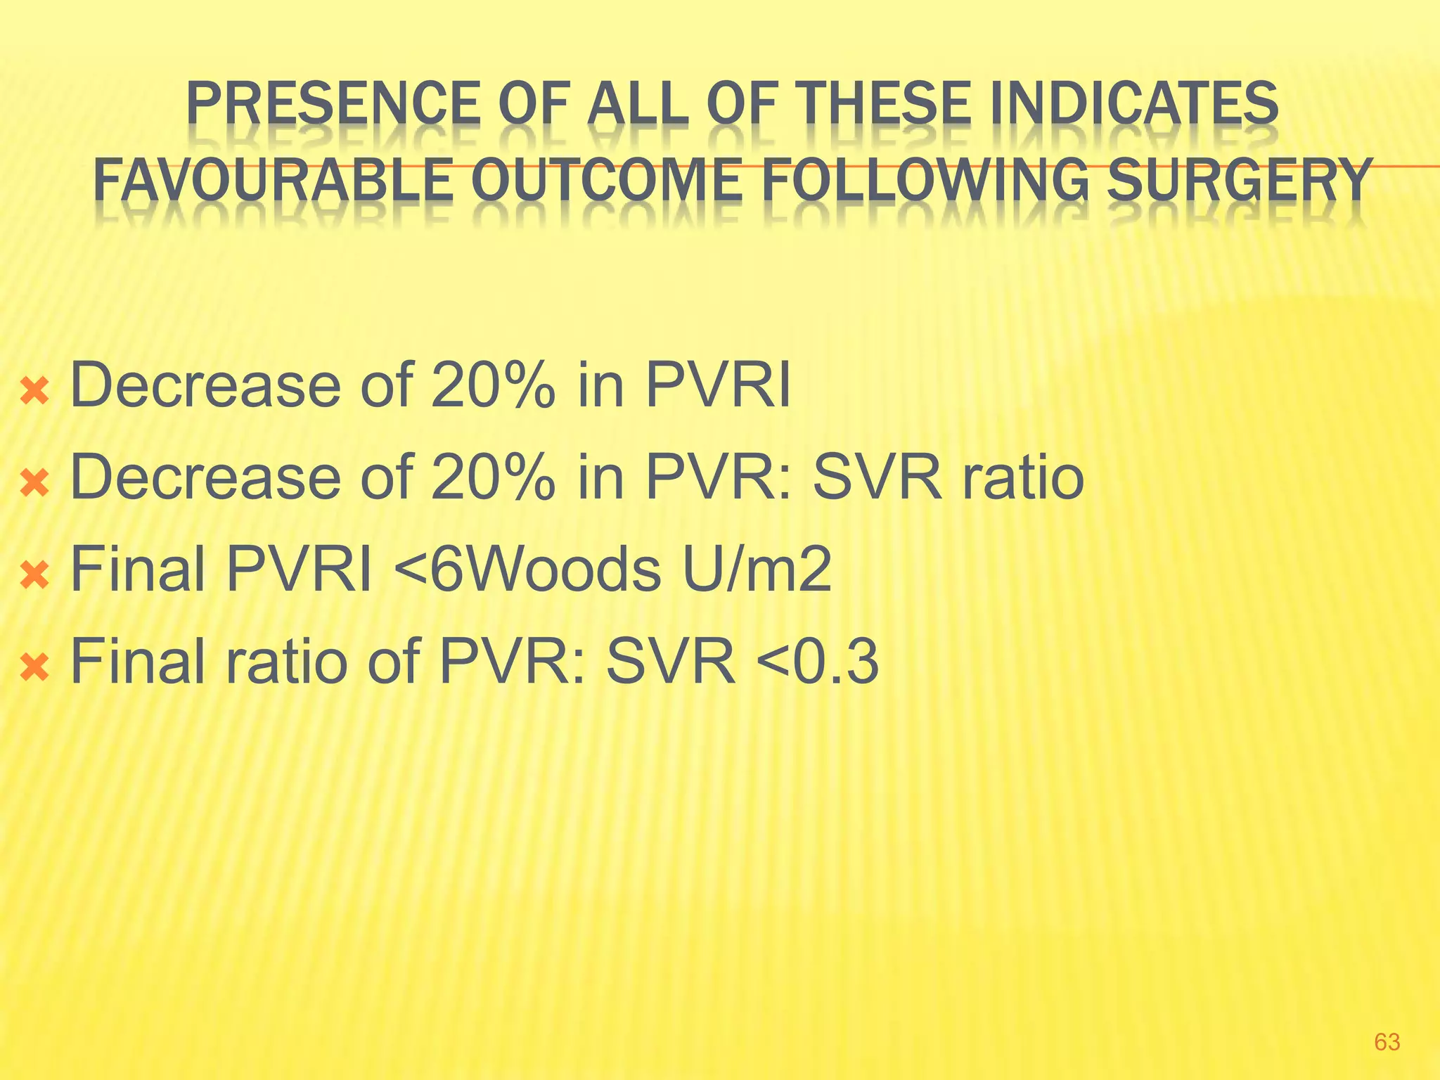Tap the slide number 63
pyautogui.click(x=1387, y=1041)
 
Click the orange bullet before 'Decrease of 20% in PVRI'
pyautogui.click(x=34, y=391)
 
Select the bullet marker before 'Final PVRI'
pyautogui.click(x=34, y=575)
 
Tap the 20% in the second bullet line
pyautogui.click(x=492, y=477)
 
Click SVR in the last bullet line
pyautogui.click(x=671, y=662)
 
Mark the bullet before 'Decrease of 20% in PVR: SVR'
pyautogui.click(x=34, y=483)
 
